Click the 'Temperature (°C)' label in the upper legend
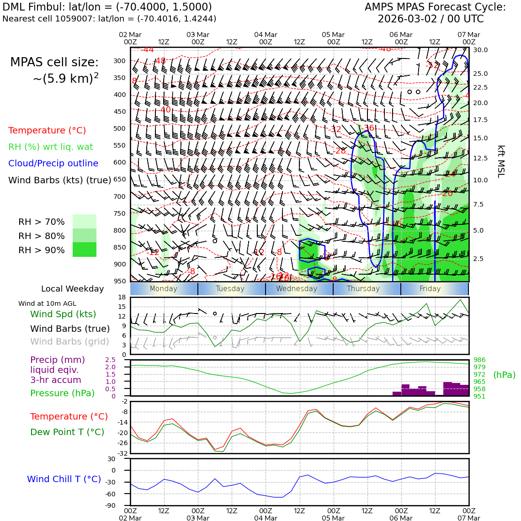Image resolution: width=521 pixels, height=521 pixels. click(47, 131)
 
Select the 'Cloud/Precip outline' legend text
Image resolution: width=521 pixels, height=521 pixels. click(53, 164)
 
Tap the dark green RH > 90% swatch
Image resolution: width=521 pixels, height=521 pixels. click(85, 250)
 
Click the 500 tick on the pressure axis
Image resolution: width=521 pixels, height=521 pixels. click(120, 129)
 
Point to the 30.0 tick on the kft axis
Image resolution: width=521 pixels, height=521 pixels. click(480, 50)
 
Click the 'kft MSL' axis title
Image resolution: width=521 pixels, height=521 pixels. click(501, 161)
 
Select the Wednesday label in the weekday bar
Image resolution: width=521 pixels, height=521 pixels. click(297, 289)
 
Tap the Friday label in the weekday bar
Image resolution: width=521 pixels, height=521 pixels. click(430, 289)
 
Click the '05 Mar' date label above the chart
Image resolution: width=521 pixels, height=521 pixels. click(333, 35)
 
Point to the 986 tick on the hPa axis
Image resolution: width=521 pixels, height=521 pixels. click(479, 360)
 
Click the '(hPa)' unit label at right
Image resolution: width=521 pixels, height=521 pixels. click(504, 375)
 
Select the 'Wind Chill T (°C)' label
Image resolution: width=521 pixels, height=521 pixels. click(64, 479)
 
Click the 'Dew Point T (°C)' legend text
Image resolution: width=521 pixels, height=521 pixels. click(67, 432)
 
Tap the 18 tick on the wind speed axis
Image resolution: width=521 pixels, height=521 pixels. click(122, 298)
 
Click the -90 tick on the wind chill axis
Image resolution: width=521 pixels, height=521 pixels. click(110, 505)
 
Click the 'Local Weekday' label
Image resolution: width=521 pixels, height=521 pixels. click(72, 289)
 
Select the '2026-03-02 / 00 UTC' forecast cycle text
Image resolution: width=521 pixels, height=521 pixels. click(431, 19)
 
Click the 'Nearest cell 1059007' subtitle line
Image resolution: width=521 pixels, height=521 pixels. click(109, 19)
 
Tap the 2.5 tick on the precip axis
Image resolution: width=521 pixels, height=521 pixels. click(110, 360)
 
